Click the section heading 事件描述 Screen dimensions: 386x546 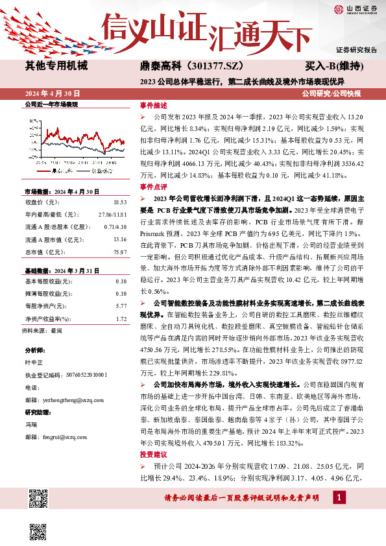pyautogui.click(x=154, y=105)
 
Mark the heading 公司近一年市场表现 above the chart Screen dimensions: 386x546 pyautogui.click(x=51, y=104)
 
